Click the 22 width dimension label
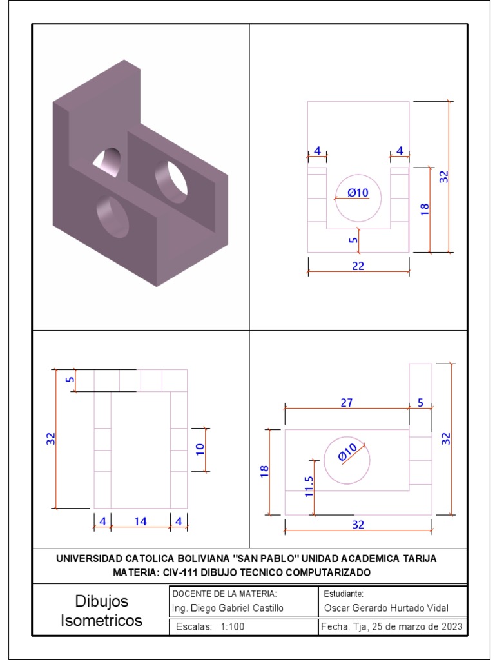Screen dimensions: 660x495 coord(358,266)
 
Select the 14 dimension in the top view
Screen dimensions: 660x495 coord(141,521)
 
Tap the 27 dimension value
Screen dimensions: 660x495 coord(346,402)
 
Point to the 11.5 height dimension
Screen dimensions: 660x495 coord(308,487)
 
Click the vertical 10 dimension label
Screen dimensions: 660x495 coord(200,449)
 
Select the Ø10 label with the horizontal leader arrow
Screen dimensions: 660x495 coord(357,192)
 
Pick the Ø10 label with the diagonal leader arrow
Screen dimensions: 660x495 coord(347,453)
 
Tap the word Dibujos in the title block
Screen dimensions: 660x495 coord(102,601)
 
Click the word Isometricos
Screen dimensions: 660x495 coord(102,621)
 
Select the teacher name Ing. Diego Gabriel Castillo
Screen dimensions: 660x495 coord(228,608)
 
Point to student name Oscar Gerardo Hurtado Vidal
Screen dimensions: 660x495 coord(385,608)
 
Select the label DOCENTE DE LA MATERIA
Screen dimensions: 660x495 coord(224,593)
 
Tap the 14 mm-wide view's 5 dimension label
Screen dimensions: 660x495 coord(70,380)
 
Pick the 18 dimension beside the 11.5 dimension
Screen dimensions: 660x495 coord(264,472)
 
